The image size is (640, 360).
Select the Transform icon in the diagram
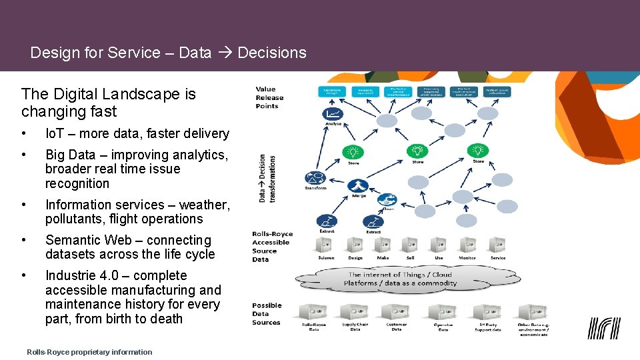pyautogui.click(x=315, y=178)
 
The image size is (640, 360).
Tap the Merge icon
pyautogui.click(x=358, y=186)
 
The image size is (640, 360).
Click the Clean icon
pyautogui.click(x=387, y=199)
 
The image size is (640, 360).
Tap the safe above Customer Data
pyautogui.click(x=396, y=312)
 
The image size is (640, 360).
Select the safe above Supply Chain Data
pyautogui.click(x=355, y=312)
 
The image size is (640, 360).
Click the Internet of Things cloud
pyautogui.click(x=400, y=279)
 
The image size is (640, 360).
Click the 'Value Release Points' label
pyautogui.click(x=269, y=97)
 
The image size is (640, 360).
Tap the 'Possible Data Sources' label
pyautogui.click(x=267, y=313)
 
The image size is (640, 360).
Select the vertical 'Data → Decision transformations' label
pyautogui.click(x=267, y=178)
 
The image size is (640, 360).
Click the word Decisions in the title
pyautogui.click(x=272, y=53)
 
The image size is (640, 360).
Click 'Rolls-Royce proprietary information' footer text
pyautogui.click(x=89, y=352)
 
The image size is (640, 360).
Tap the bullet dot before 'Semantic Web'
pyautogui.click(x=24, y=240)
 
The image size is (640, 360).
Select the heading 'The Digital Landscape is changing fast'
pyautogui.click(x=108, y=103)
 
